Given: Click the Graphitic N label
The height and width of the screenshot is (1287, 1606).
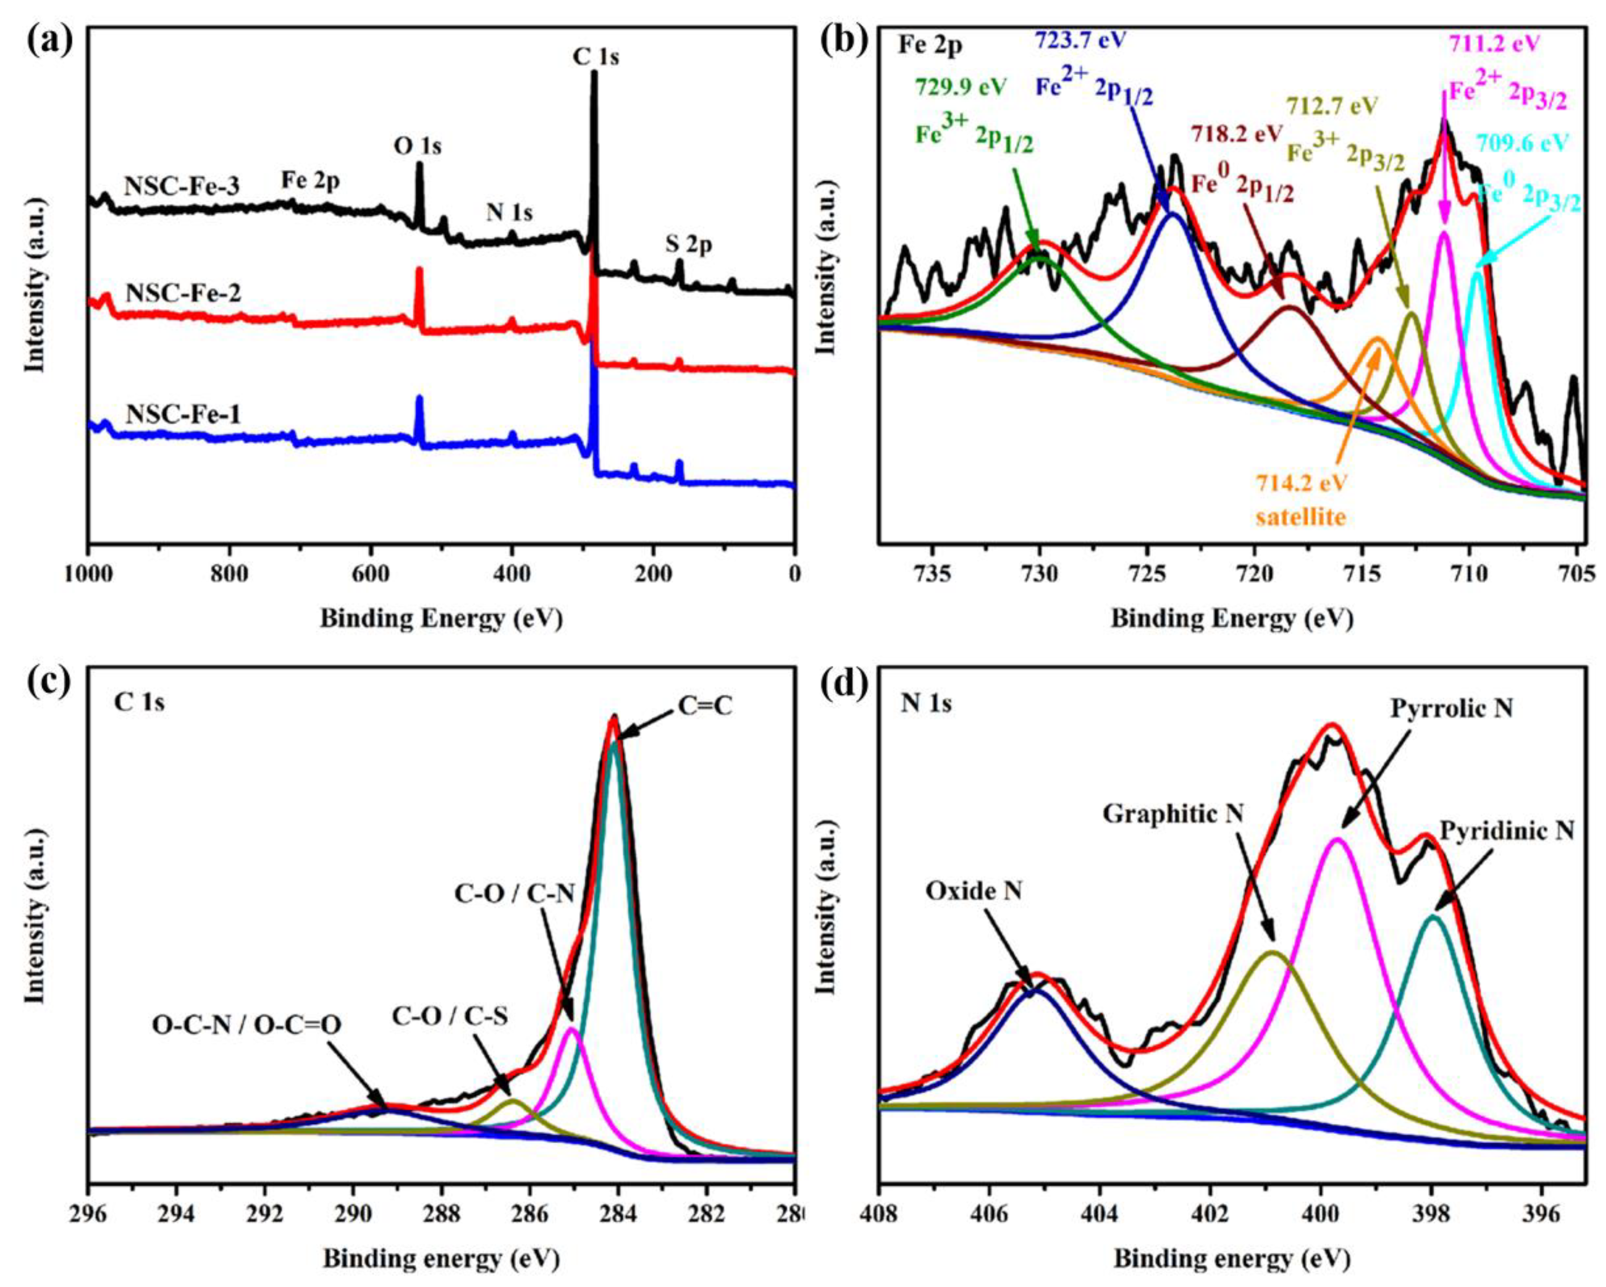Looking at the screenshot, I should pos(1173,814).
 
